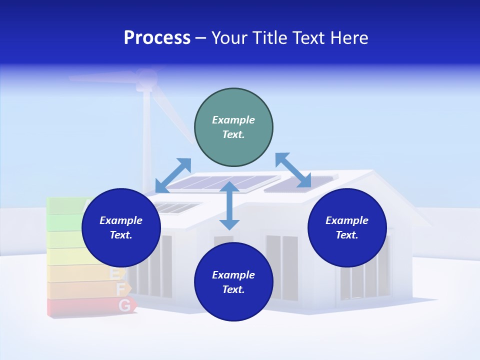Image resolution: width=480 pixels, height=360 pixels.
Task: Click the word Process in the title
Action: (x=157, y=38)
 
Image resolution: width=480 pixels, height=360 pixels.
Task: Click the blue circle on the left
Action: (x=121, y=227)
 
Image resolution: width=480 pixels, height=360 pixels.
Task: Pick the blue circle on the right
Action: (x=347, y=227)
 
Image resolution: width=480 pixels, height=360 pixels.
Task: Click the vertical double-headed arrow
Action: (x=229, y=205)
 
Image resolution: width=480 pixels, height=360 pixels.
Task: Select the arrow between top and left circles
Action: (x=173, y=175)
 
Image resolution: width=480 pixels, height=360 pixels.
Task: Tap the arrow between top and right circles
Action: (x=293, y=170)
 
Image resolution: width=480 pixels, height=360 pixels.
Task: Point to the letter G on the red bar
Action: (x=125, y=305)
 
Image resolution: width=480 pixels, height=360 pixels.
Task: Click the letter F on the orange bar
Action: (x=120, y=289)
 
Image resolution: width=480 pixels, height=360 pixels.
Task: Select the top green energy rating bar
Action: (x=65, y=204)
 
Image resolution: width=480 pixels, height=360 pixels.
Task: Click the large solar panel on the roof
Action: (x=222, y=183)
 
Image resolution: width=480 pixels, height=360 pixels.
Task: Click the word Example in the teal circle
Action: (x=233, y=120)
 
